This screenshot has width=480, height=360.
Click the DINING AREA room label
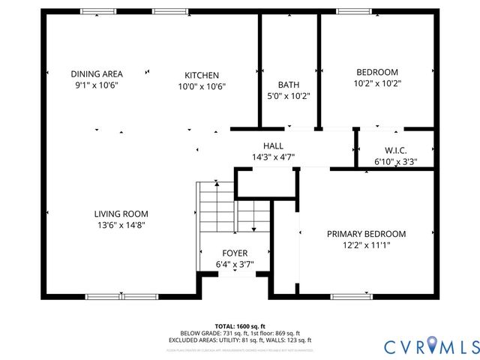[x=97, y=73]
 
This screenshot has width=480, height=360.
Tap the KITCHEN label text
[x=202, y=75]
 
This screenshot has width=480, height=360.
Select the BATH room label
[x=289, y=85]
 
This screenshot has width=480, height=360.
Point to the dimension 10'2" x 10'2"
[x=377, y=83]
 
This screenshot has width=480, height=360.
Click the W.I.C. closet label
[x=395, y=149]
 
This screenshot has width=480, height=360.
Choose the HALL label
[x=272, y=145]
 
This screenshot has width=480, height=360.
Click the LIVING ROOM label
[x=121, y=213]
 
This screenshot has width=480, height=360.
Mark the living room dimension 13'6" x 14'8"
[x=121, y=224]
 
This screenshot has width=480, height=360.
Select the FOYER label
[x=235, y=253]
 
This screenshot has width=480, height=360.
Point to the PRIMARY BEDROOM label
[x=366, y=233]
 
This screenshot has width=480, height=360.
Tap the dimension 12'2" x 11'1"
[x=366, y=244]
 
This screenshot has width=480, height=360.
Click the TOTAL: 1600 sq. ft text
[x=240, y=325]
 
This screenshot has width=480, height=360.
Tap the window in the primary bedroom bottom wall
[x=351, y=296]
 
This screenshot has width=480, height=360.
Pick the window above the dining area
[x=98, y=11]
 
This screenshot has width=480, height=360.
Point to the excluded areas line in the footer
[x=240, y=340]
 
